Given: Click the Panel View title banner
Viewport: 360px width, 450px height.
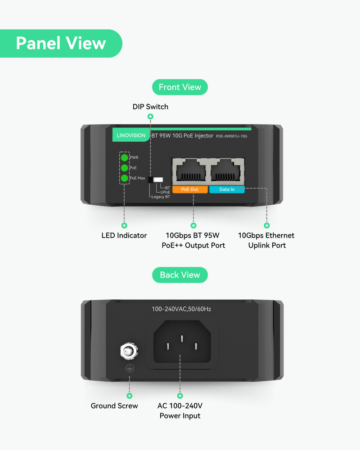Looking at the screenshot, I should tap(61, 43).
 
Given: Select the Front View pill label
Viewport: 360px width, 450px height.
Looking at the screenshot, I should tap(180, 87).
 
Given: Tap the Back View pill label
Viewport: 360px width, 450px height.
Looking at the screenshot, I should tap(180, 275).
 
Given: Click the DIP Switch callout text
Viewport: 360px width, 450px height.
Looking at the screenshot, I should tap(150, 107).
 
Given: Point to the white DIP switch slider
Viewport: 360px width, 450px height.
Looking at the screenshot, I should tap(158, 179).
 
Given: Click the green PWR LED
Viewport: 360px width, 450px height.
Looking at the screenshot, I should tap(124, 157).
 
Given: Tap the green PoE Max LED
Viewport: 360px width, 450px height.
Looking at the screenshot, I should tap(124, 178).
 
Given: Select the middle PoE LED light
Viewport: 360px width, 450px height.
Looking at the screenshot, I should tap(124, 168).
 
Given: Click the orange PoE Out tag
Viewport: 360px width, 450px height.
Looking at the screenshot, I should tap(189, 189).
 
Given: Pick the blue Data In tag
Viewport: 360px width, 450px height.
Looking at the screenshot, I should tap(227, 189).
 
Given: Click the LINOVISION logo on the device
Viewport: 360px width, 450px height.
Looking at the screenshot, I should tap(131, 135).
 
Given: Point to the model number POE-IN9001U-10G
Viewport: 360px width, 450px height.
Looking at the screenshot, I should tap(232, 136).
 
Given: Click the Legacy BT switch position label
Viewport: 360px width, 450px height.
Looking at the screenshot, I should tap(160, 197).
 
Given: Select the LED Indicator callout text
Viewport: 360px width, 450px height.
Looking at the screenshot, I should tap(124, 235).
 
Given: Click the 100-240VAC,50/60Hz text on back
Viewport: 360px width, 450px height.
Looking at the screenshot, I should tap(181, 309).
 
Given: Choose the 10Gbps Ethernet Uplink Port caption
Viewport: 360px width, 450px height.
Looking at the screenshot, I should tap(266, 240).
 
